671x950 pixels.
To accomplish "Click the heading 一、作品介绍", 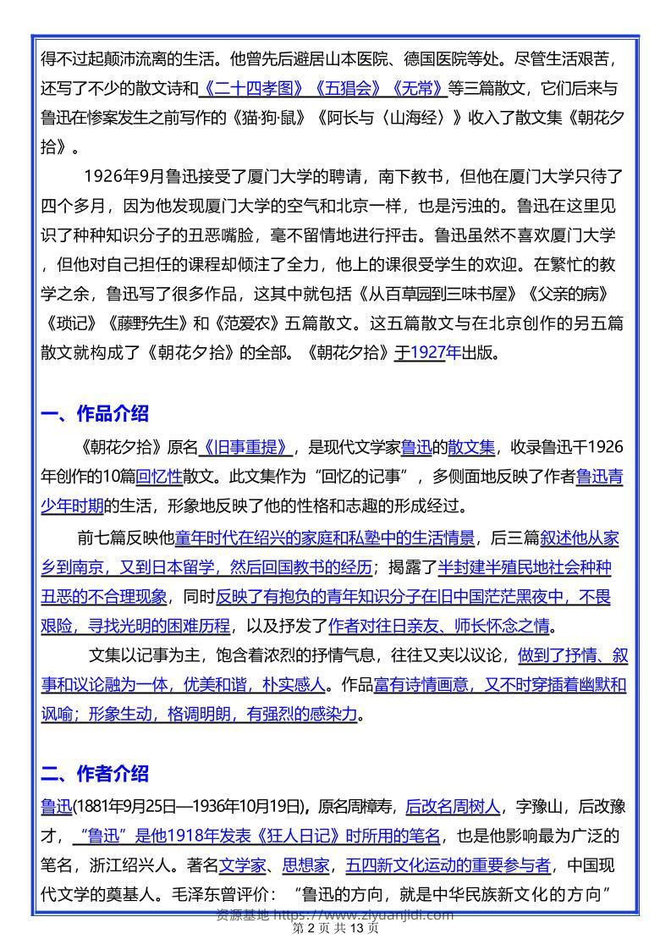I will (95, 414).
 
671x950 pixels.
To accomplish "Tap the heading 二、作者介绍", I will (95, 773).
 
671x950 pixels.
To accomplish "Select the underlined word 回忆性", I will (160, 477).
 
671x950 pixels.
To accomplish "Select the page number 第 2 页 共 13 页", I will (335, 929).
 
